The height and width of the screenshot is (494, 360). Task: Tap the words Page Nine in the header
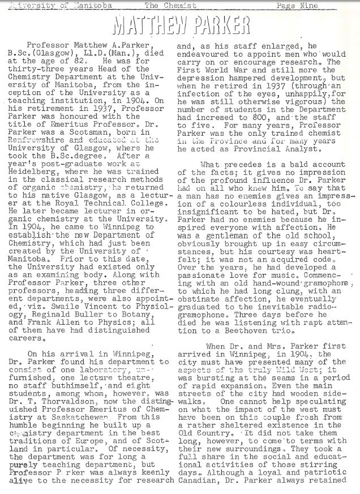pos(297,6)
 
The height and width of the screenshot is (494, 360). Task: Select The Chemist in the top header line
pos(170,6)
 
